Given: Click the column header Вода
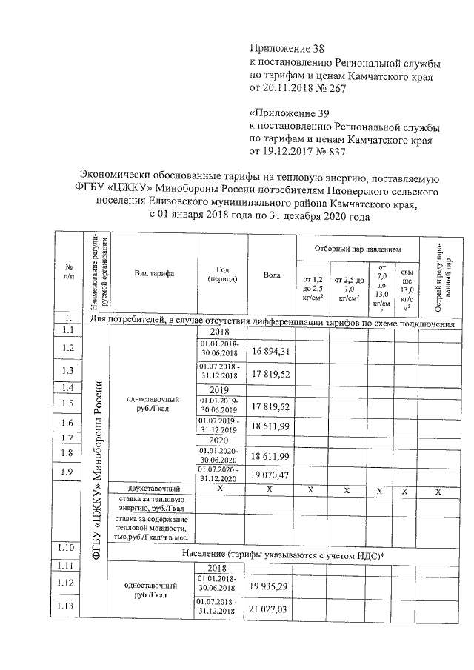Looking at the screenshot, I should pyautogui.click(x=272, y=275).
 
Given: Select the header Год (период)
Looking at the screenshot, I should pyautogui.click(x=223, y=273).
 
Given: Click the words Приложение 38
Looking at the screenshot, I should pyautogui.click(x=289, y=48).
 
